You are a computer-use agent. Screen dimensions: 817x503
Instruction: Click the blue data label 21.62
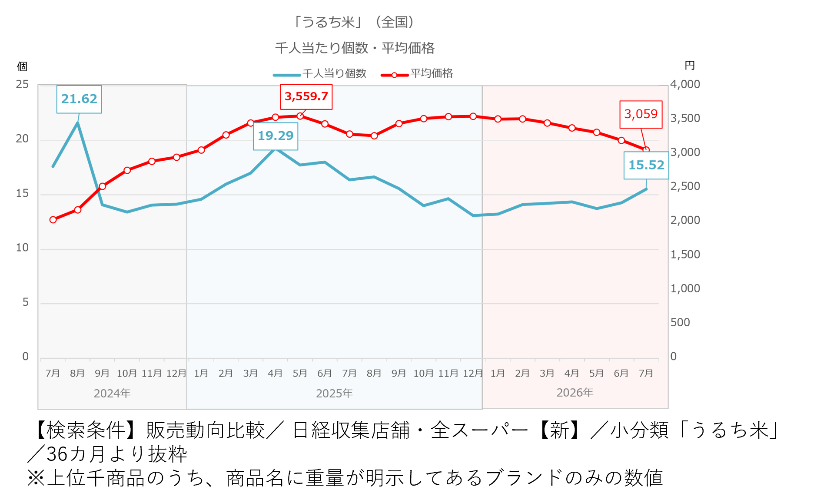[x=79, y=99]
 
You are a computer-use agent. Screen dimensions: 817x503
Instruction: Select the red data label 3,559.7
[x=306, y=96]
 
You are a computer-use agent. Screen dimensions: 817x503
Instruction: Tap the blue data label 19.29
[x=276, y=136]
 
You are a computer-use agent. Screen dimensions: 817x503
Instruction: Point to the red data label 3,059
[x=641, y=114]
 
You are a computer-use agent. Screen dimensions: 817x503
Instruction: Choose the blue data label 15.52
[x=646, y=165]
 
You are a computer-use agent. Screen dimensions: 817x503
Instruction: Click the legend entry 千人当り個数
[x=320, y=74]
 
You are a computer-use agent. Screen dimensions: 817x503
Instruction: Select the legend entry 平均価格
[x=417, y=74]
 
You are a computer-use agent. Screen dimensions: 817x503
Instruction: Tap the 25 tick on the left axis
[x=22, y=84]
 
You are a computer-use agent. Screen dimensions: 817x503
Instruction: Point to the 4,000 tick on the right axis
[x=685, y=84]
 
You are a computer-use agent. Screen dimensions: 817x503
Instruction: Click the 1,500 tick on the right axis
[x=685, y=255]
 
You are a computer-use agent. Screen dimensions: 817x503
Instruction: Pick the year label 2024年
[x=112, y=394]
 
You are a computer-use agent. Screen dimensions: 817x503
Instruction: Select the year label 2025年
[x=334, y=394]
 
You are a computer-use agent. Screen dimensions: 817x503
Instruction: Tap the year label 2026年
[x=575, y=393]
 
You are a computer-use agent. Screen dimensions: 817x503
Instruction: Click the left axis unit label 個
[x=22, y=66]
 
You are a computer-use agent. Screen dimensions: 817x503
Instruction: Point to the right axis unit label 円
[x=690, y=66]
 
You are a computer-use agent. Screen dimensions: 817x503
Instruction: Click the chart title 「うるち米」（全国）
[x=355, y=22]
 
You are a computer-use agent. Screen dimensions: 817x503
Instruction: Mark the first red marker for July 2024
[x=53, y=220]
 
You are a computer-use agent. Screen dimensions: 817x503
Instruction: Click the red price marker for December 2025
[x=473, y=116]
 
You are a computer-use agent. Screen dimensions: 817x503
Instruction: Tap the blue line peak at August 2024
[x=77, y=123]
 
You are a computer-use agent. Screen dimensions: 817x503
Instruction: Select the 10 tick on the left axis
[x=22, y=248]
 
